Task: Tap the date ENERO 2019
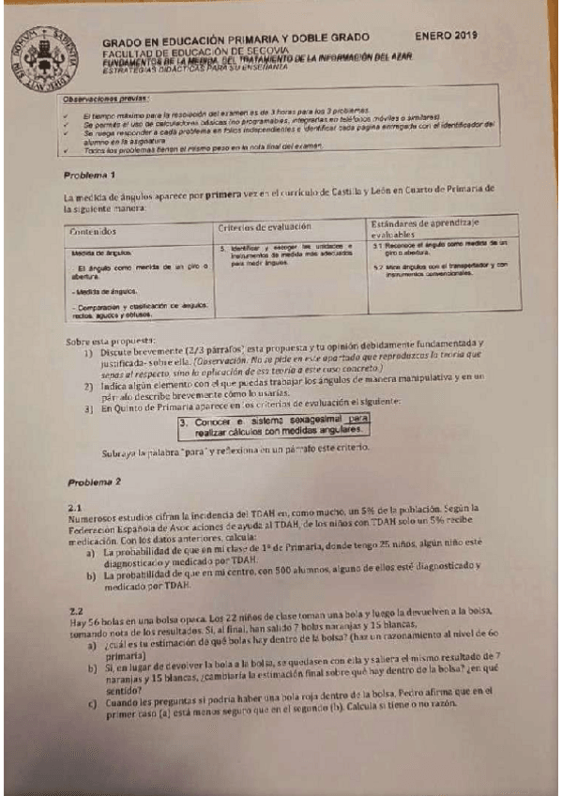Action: (x=446, y=36)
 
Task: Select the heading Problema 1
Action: (x=90, y=176)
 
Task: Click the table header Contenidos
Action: (x=93, y=230)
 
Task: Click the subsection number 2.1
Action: (x=77, y=507)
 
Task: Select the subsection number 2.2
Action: (x=77, y=610)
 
